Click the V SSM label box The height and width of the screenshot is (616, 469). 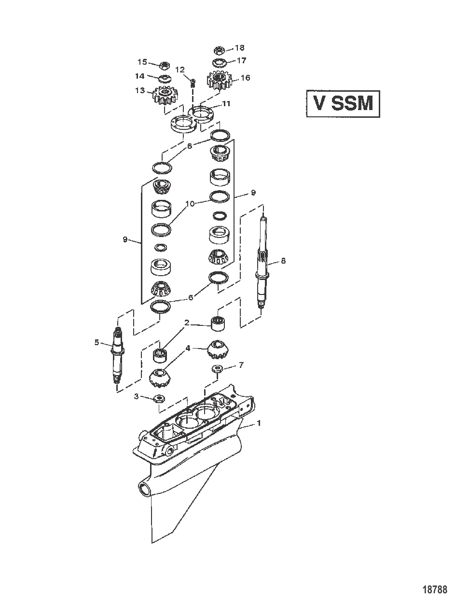343,103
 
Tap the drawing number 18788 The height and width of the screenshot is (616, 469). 435,589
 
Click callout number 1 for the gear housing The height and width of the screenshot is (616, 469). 259,423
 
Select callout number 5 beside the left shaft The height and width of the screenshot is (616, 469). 97,342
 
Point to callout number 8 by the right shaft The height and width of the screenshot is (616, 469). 283,261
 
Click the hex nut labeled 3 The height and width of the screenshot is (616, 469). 159,398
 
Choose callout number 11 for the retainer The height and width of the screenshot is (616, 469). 226,104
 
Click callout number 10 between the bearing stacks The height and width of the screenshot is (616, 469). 191,204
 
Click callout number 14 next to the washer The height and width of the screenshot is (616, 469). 139,76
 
